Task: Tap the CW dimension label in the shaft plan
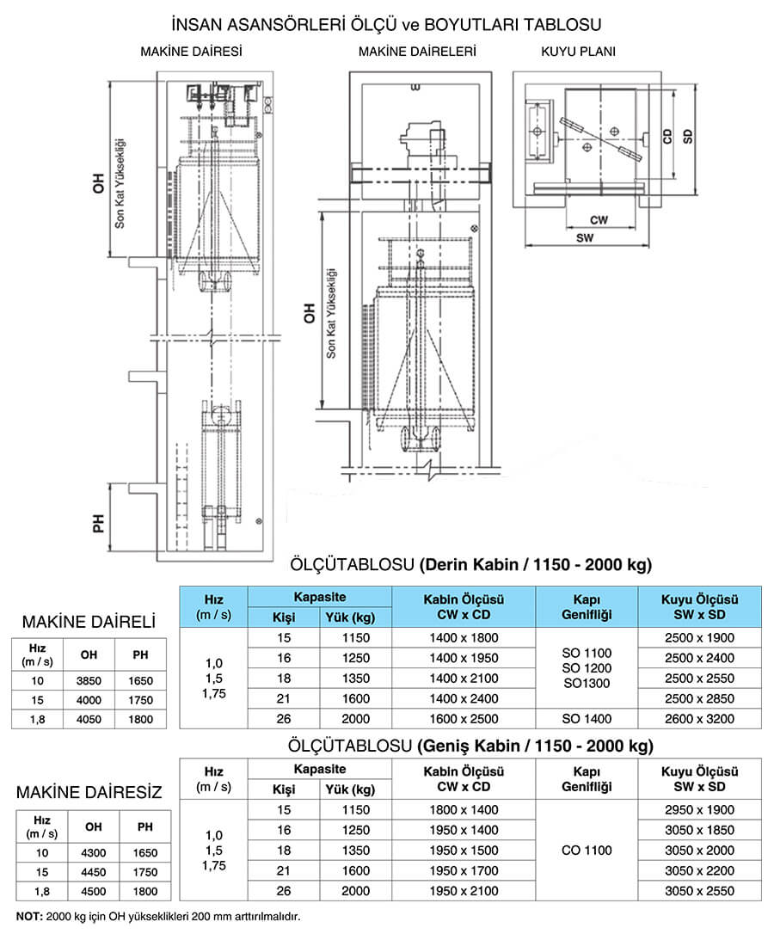[599, 220]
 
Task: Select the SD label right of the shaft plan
[688, 136]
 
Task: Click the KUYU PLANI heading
[578, 52]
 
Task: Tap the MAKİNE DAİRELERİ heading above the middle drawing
[417, 52]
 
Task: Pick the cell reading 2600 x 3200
[699, 719]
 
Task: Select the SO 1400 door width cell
[587, 719]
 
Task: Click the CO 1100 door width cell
[587, 851]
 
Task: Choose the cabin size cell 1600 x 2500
[463, 719]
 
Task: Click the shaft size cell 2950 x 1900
[699, 810]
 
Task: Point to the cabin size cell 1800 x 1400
[463, 810]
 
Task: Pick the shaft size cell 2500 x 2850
[699, 698]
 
